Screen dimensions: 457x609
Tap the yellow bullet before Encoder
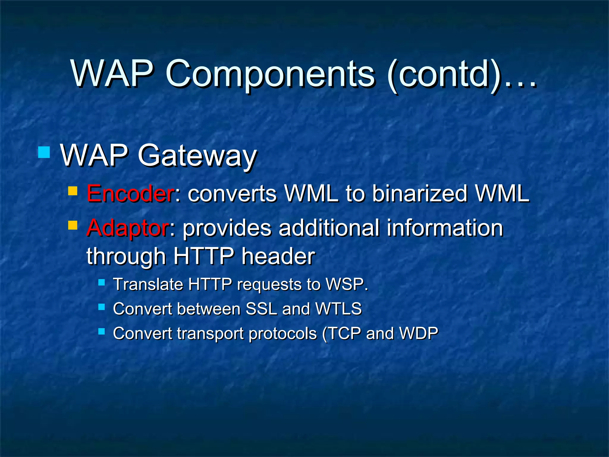[73, 191]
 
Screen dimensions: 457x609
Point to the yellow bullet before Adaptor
[73, 225]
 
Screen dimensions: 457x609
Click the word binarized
[420, 194]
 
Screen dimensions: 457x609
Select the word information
[445, 228]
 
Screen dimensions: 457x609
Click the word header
[278, 256]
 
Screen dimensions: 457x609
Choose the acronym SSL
[261, 309]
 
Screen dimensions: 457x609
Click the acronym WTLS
[338, 309]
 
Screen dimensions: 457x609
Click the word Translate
[148, 284]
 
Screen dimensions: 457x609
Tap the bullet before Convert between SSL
[102, 307]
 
